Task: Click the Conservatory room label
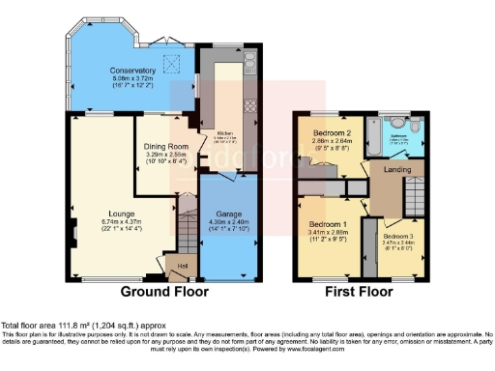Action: coord(132,71)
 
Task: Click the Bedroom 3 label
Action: coord(395,236)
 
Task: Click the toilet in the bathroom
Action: coord(416,127)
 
